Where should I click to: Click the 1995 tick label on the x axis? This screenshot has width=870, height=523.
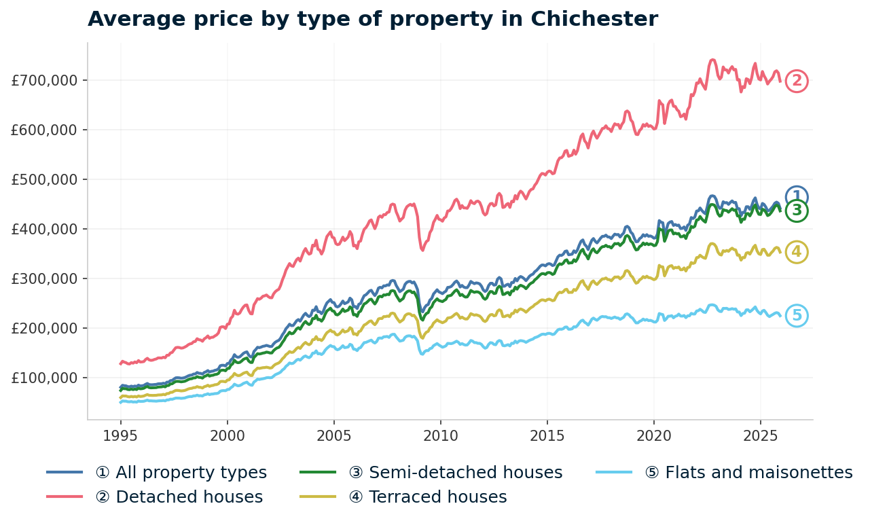tap(121, 435)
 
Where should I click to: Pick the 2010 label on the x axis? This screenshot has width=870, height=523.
tap(440, 435)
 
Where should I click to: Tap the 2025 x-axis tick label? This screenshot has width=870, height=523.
tap(760, 435)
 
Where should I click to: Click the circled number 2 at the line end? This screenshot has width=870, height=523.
tap(797, 82)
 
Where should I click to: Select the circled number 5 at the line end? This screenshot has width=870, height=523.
tap(797, 316)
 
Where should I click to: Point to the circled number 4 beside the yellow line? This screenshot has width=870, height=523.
tap(797, 253)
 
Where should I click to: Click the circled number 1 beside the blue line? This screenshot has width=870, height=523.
tap(797, 196)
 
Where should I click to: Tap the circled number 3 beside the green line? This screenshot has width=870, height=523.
tap(797, 211)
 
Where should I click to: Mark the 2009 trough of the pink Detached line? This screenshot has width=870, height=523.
tap(422, 250)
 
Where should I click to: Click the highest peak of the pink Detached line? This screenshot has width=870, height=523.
tap(712, 60)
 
